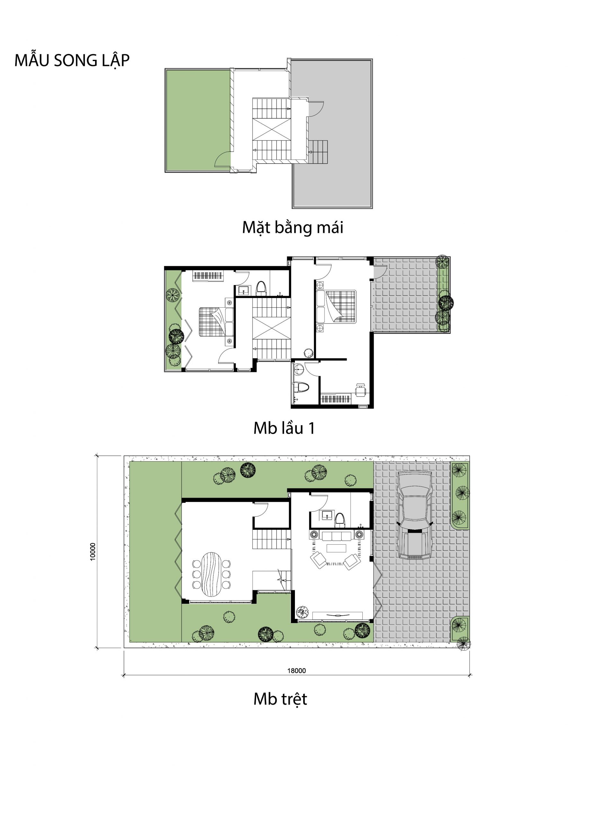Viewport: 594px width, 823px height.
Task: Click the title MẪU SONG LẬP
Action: click(72, 60)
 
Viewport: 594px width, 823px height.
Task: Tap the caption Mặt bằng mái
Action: click(292, 228)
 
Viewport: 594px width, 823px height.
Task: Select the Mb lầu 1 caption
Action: click(284, 428)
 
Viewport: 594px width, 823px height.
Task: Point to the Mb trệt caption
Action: click(280, 699)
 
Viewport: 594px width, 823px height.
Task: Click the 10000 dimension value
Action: click(93, 552)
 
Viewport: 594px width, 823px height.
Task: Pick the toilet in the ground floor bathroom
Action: click(340, 520)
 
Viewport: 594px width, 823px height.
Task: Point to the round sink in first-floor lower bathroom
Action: click(299, 369)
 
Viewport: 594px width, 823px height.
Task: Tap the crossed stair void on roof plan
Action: click(271, 129)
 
